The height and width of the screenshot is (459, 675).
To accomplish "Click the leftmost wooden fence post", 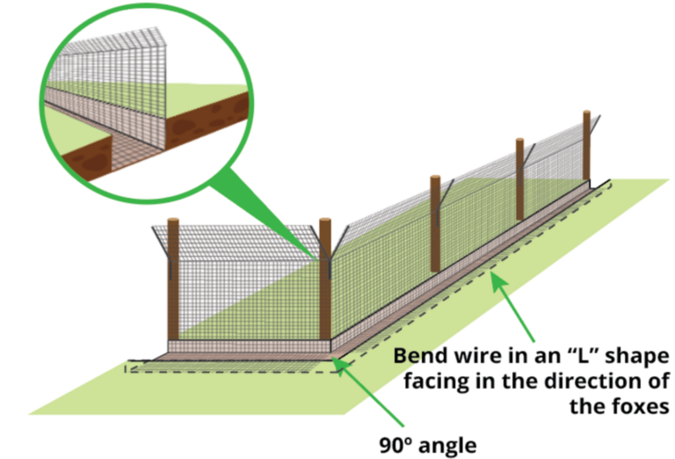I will (x=173, y=281).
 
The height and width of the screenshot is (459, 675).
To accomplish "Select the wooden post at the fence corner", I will (x=325, y=281).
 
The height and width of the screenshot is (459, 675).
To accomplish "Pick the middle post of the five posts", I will (x=435, y=224).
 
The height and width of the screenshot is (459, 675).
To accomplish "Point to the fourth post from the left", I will (x=520, y=179).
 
